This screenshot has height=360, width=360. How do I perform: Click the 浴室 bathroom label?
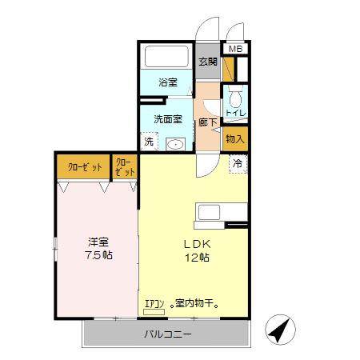(x=167, y=82)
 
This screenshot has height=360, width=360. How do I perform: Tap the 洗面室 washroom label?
(x=167, y=119)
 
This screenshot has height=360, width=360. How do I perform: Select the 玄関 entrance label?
(x=207, y=62)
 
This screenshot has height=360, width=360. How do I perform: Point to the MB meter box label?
(x=234, y=50)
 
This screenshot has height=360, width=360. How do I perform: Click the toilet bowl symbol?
(x=235, y=100)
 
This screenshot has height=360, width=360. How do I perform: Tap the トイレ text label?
(x=235, y=114)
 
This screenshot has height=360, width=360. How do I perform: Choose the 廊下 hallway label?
(x=207, y=123)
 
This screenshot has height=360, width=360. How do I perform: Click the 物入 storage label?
(x=235, y=139)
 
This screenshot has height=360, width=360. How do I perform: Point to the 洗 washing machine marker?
(x=149, y=142)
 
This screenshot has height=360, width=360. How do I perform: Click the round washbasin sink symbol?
(x=175, y=145)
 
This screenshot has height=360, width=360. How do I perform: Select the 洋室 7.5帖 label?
(x=99, y=248)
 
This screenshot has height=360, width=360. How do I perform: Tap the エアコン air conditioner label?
(x=154, y=304)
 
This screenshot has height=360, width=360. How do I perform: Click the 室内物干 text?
(x=196, y=304)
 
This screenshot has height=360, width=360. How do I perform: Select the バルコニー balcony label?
(x=168, y=334)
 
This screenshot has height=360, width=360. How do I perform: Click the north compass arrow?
(x=278, y=329)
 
